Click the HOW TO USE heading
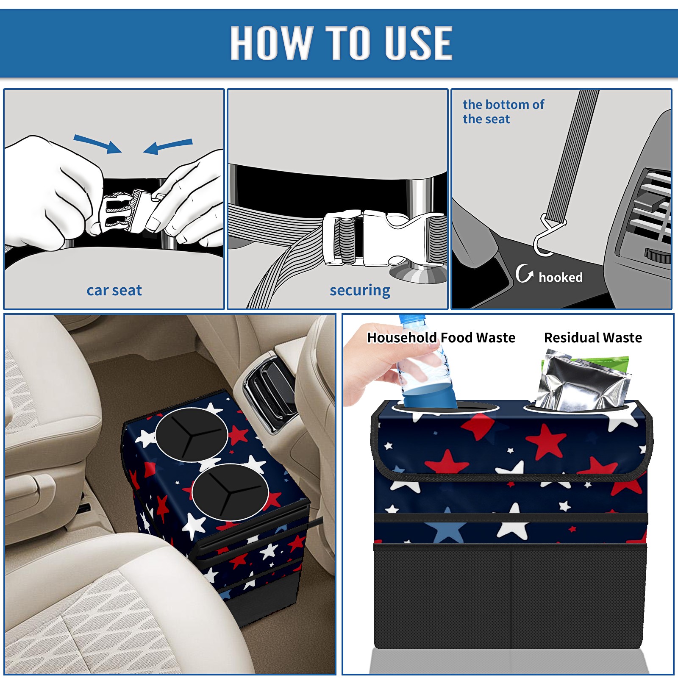(341, 42)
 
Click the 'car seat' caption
(114, 290)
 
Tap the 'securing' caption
(360, 290)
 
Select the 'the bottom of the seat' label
(503, 111)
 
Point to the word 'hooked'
(561, 277)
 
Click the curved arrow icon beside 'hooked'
(524, 273)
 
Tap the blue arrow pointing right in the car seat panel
(98, 144)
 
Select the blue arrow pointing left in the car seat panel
(168, 146)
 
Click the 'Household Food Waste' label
(441, 337)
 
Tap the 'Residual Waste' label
(593, 337)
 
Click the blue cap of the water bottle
(412, 320)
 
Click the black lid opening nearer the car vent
(192, 434)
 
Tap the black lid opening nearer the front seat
(230, 492)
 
